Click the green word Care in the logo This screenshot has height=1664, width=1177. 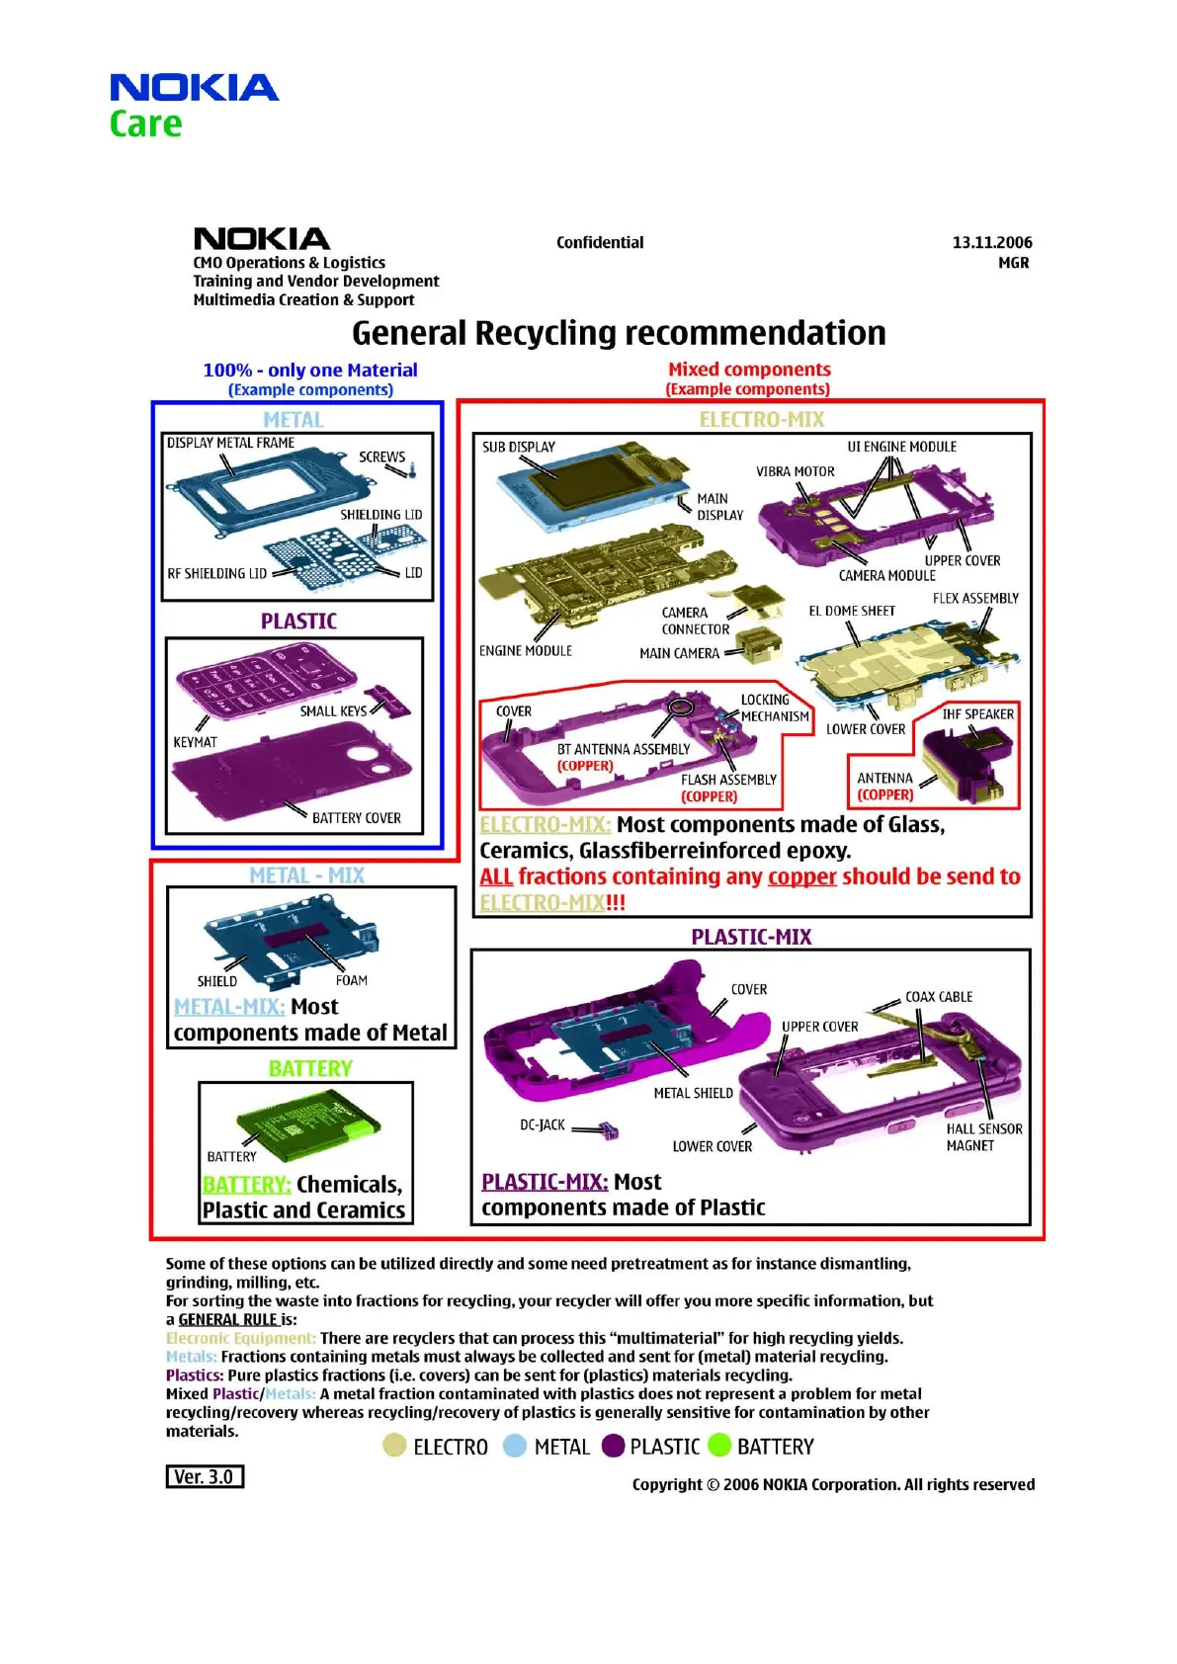pyautogui.click(x=145, y=125)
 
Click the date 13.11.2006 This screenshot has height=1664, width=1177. pyautogui.click(x=991, y=242)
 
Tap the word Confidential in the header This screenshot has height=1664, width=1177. pyautogui.click(x=600, y=242)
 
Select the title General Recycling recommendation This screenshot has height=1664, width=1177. pyautogui.click(x=619, y=333)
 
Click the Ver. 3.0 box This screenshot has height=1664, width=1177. pyautogui.click(x=205, y=1476)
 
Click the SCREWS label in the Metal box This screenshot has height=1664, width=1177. pyautogui.click(x=381, y=457)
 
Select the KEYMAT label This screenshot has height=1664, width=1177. pyautogui.click(x=195, y=742)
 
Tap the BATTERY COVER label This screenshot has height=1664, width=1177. pyautogui.click(x=356, y=818)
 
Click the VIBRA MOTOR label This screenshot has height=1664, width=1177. pyautogui.click(x=795, y=471)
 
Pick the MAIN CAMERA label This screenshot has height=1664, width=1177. pyautogui.click(x=679, y=653)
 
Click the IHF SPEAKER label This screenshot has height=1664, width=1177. pyautogui.click(x=977, y=714)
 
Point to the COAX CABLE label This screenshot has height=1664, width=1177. pyautogui.click(x=939, y=997)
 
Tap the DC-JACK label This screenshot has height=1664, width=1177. pyautogui.click(x=543, y=1124)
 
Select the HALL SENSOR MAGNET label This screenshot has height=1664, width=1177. pyautogui.click(x=983, y=1137)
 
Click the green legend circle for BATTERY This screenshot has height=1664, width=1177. pyautogui.click(x=719, y=1446)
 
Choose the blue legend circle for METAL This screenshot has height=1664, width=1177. pyautogui.click(x=515, y=1446)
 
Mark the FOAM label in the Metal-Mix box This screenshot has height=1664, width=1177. pyautogui.click(x=351, y=980)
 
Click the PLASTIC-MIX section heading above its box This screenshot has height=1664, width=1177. pyautogui.click(x=751, y=937)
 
